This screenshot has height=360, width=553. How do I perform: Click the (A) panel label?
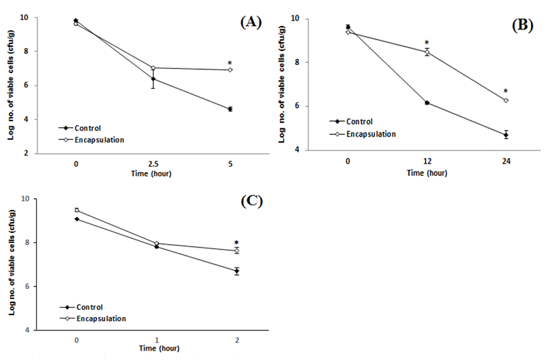point(251,22)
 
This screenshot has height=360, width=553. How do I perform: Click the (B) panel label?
point(522,25)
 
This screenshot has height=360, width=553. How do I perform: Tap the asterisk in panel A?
point(230,64)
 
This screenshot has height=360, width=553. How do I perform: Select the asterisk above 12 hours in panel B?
point(427,43)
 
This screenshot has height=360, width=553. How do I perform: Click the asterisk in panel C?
point(236,244)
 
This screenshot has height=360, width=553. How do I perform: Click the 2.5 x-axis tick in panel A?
point(153,164)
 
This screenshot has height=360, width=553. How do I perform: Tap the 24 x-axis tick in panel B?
point(506,161)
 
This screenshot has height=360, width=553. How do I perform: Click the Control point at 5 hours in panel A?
point(230,109)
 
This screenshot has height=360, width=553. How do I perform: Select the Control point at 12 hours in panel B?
point(427,102)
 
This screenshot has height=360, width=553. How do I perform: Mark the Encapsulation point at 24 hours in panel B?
point(506,100)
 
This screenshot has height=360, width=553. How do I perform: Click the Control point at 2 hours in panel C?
point(236,271)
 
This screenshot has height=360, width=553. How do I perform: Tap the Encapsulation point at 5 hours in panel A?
point(230,70)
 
